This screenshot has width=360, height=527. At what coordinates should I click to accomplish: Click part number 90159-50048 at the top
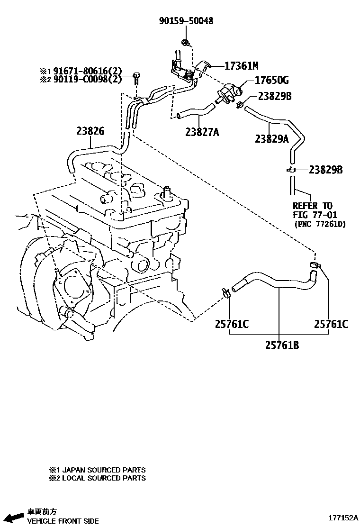[x=186, y=21]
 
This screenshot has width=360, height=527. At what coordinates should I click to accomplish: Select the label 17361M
[x=242, y=66]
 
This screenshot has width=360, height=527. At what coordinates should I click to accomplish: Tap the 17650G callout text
[x=272, y=80]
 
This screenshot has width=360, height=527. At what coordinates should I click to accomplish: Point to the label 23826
[x=90, y=131]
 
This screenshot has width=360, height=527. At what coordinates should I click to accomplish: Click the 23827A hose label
[x=202, y=132]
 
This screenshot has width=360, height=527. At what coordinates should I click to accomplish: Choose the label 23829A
[x=272, y=138]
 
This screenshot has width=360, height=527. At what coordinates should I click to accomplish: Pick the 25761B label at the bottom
[x=282, y=345]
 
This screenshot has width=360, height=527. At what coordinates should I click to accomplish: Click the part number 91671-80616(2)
[x=88, y=71]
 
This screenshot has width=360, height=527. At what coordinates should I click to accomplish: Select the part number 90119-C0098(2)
[x=88, y=79]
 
